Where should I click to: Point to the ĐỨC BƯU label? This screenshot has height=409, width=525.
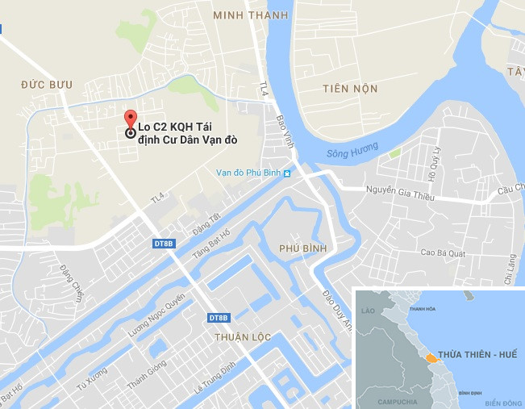click(x=47, y=84)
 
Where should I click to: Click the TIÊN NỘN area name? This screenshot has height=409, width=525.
click(x=349, y=88)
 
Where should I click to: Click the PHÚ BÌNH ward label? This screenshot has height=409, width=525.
click(x=302, y=248)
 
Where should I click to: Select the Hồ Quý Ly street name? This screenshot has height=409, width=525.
click(x=431, y=165)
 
